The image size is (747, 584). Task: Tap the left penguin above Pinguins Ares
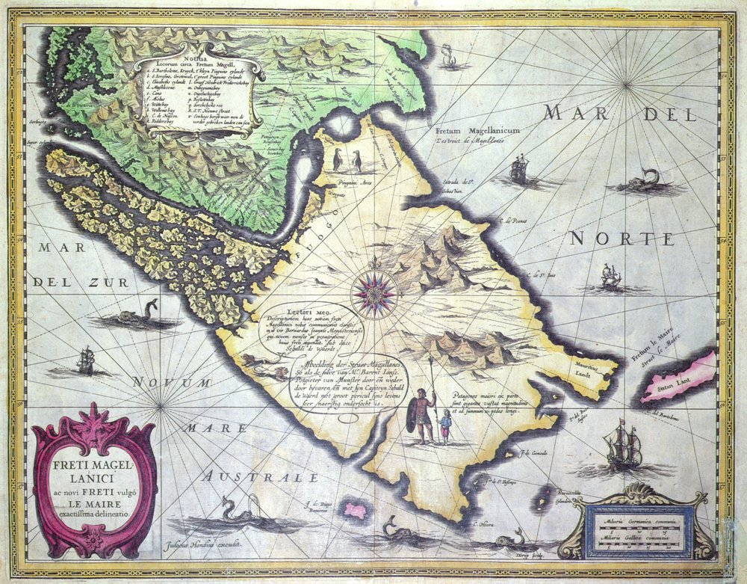(338, 159)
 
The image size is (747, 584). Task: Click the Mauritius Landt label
(582, 370)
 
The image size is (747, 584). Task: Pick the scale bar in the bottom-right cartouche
(642, 532)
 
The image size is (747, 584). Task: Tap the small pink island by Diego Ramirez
(356, 510)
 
